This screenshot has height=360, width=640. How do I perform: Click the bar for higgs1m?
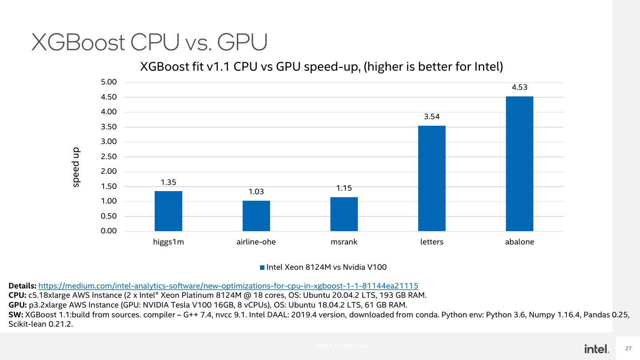pos(168,211)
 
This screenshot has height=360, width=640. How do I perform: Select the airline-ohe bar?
pos(256,216)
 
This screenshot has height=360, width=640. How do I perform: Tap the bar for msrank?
pos(344,214)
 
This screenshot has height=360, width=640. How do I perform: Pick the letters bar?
pos(432,178)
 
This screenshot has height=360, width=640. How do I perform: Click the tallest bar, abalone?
pos(520,164)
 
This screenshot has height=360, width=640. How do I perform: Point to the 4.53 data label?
pos(520,88)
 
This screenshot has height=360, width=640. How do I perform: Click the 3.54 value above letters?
pos(432,117)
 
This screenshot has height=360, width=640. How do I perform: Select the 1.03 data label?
pos(256,192)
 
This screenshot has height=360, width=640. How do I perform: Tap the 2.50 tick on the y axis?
pos(108,157)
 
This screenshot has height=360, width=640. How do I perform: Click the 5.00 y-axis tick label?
pos(108,82)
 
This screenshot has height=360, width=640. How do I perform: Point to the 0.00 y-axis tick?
pos(108,231)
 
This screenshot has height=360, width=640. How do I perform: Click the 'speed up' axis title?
pos(76,167)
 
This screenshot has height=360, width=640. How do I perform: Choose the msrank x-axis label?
pos(344,242)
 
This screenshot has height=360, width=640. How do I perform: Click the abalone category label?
pos(520,242)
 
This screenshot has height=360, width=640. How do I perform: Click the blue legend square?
pos(262,268)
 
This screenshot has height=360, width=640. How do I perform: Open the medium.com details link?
pos(228,286)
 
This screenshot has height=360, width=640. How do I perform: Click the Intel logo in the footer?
pos(597,349)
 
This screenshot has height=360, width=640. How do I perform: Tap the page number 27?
pos(628,348)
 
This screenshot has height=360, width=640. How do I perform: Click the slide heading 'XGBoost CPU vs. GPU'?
pos(149,43)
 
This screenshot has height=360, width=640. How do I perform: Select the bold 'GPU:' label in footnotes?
pos(18,305)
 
